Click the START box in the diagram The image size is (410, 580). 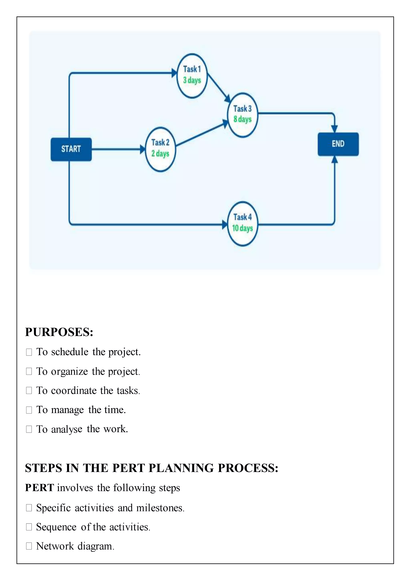pyautogui.click(x=71, y=149)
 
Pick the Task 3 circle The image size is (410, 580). pyautogui.click(x=243, y=115)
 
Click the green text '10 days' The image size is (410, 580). pyautogui.click(x=243, y=228)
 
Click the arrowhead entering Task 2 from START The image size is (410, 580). pyautogui.click(x=143, y=149)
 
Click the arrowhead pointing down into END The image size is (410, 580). pyautogui.click(x=334, y=129)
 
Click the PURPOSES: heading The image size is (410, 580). pyautogui.click(x=59, y=332)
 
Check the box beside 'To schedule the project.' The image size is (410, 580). pyautogui.click(x=29, y=352)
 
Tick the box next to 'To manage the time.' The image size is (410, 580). pyautogui.click(x=29, y=410)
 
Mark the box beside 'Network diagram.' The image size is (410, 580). pyautogui.click(x=29, y=546)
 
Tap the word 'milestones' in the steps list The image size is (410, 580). pyautogui.click(x=160, y=508)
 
